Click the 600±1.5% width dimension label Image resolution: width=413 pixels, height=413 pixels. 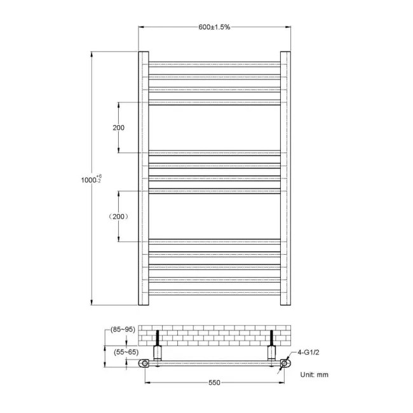point(214,27)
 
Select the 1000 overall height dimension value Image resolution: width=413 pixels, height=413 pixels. point(87,180)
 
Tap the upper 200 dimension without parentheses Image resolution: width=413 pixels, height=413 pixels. point(118,128)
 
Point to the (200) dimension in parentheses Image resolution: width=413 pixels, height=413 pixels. point(118,217)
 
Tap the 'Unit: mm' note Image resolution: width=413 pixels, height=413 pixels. point(315,374)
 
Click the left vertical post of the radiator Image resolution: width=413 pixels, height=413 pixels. point(143,178)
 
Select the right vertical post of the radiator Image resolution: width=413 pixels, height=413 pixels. point(285,178)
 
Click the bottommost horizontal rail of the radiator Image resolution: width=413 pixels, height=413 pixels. point(214,292)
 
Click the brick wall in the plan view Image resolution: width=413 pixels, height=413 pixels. point(214,335)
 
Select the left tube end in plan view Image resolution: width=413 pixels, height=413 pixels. point(147,363)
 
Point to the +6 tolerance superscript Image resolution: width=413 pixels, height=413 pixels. point(100,175)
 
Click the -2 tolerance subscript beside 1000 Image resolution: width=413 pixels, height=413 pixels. point(98,182)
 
